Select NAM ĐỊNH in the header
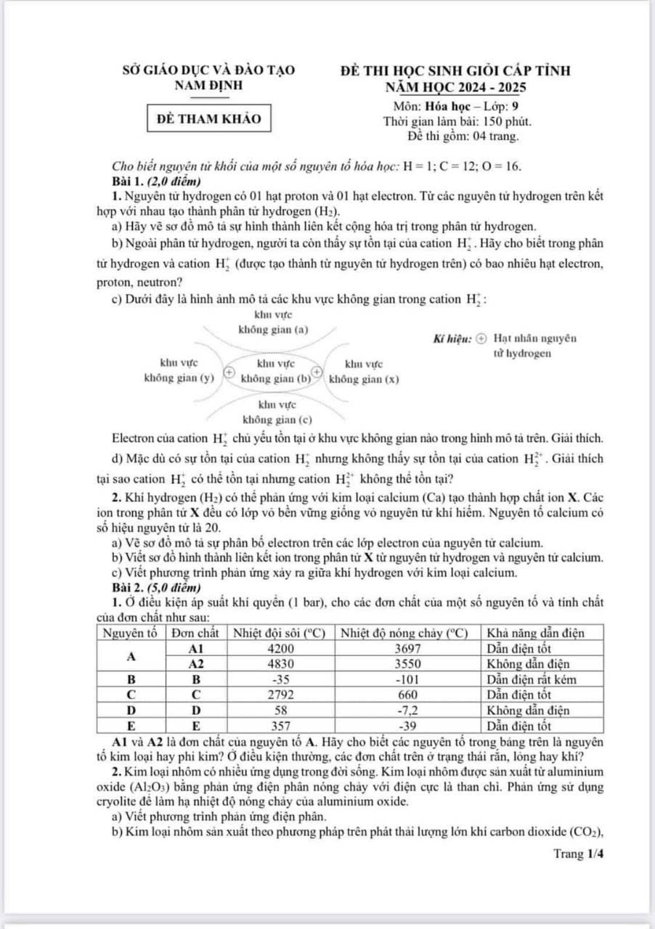[209, 86]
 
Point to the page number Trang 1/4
[578, 854]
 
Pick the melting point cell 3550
[409, 663]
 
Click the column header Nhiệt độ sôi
[282, 633]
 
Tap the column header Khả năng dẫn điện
[535, 633]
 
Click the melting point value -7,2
[409, 710]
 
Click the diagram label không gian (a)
[274, 330]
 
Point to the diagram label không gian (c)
[277, 419]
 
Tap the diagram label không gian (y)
[179, 378]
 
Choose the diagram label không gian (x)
[365, 378]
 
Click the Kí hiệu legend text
[451, 338]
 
